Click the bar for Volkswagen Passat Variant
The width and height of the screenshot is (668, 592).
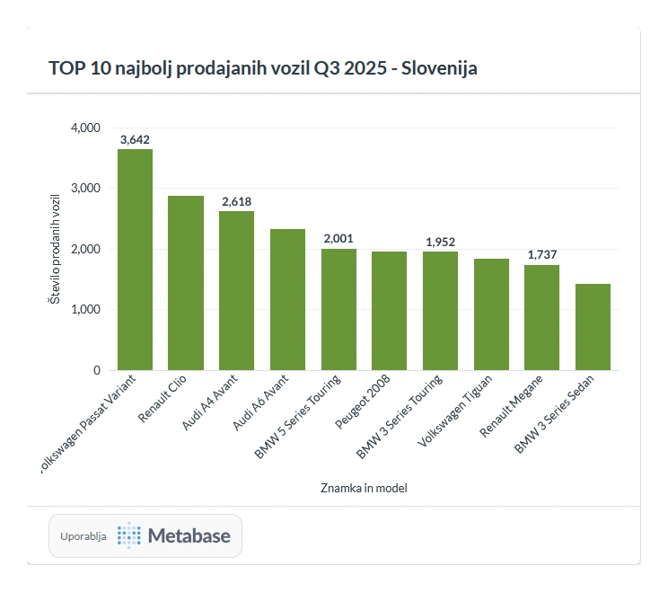[135, 260]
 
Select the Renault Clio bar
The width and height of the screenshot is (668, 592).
[186, 283]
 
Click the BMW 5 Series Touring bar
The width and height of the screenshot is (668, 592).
[338, 309]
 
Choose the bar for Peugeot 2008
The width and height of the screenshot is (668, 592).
[389, 311]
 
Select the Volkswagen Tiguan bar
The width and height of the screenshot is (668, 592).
[491, 314]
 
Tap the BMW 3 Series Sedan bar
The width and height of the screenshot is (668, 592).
[593, 327]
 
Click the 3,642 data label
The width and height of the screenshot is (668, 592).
[135, 138]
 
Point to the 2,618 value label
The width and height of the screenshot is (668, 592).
[236, 201]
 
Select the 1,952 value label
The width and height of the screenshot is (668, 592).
[440, 242]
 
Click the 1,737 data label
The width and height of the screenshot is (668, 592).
[542, 255]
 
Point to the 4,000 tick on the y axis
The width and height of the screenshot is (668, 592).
[85, 128]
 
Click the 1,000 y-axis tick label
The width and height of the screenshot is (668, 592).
[85, 310]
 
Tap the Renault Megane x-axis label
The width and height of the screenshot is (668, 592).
[511, 407]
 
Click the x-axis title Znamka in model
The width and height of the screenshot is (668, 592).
[364, 489]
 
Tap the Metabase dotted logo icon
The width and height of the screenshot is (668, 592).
[129, 536]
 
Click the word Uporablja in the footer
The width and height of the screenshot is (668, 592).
[83, 536]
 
